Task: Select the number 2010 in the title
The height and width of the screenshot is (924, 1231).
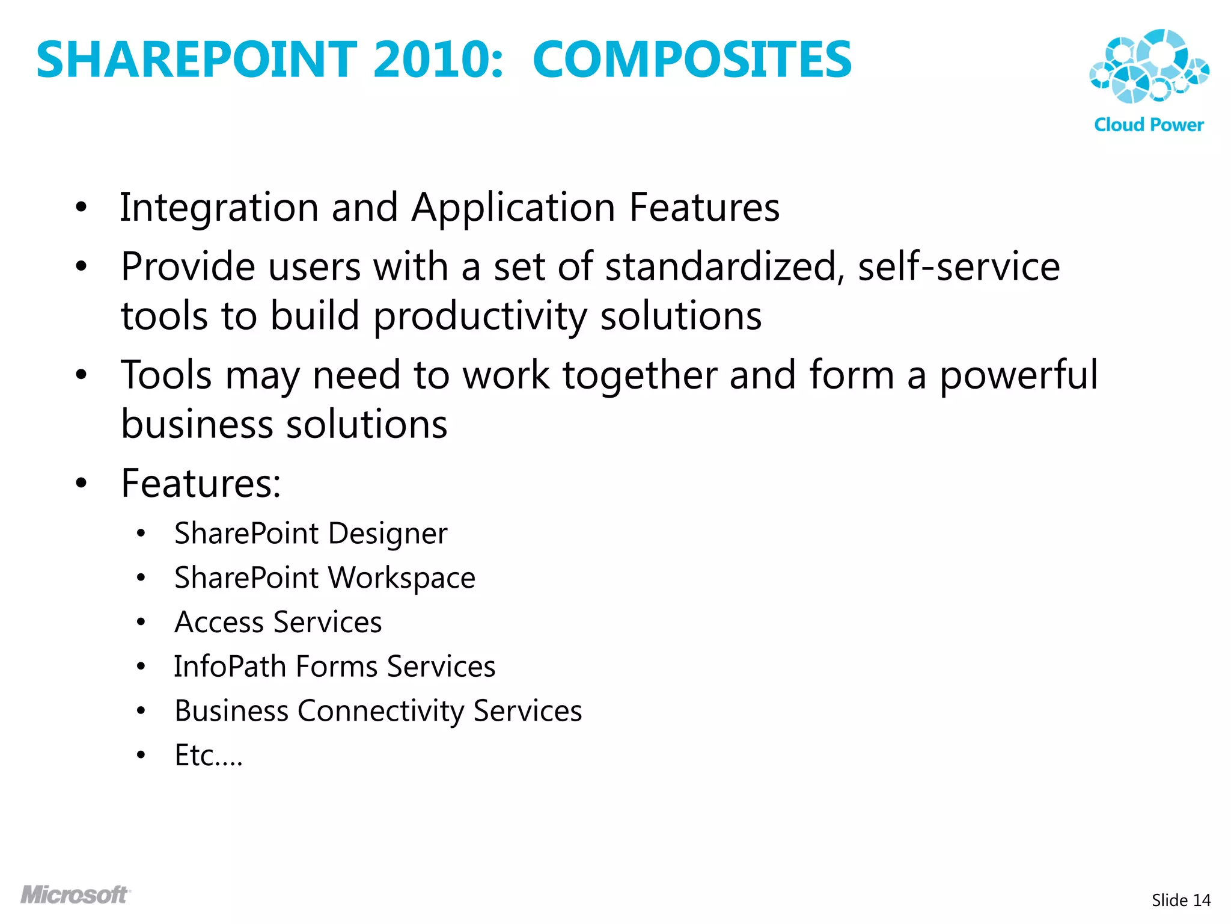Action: (438, 60)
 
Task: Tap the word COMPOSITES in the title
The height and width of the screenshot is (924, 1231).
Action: (692, 60)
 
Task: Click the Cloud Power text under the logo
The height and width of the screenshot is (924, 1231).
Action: (1149, 125)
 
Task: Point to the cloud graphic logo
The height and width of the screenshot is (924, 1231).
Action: (1149, 66)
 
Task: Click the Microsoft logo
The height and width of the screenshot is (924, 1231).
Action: (75, 895)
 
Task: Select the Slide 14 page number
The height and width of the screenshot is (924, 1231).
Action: (1181, 900)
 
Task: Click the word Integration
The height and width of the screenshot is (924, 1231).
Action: (219, 208)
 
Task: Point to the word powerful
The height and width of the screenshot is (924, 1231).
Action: (1019, 376)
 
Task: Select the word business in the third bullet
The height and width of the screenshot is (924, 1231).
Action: (197, 424)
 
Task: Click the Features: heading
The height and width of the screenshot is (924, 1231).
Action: (201, 483)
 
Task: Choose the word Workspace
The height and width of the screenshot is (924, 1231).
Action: (402, 578)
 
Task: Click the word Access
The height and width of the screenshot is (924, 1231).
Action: (218, 622)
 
